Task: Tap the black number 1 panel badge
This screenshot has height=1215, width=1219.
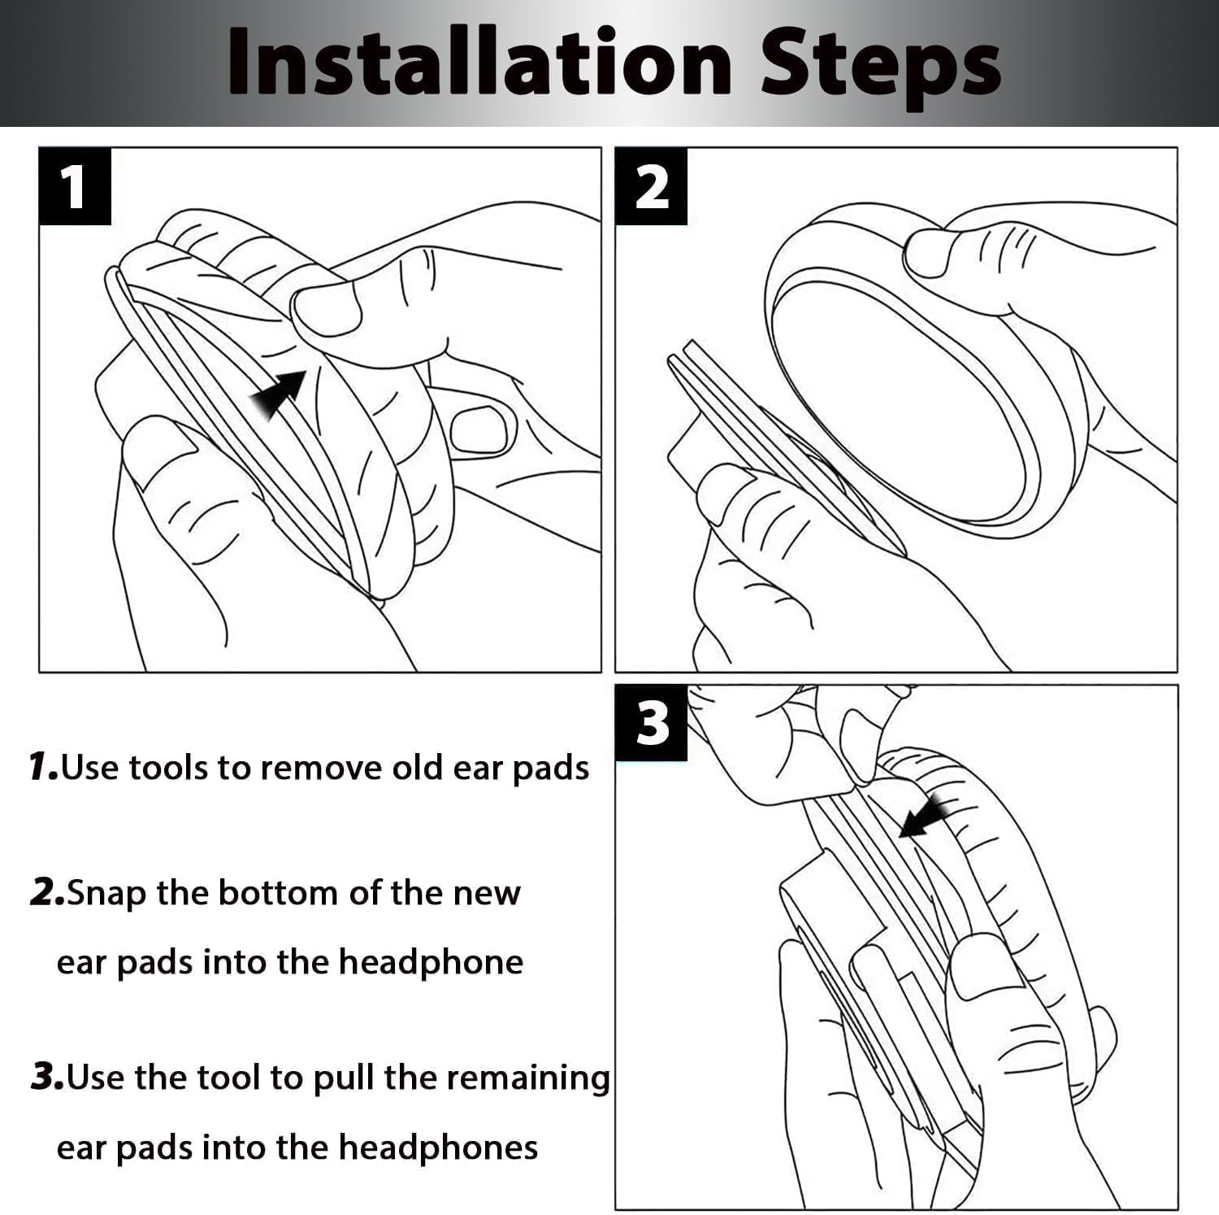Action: coord(75,185)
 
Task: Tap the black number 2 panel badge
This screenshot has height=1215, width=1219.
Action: coord(651,186)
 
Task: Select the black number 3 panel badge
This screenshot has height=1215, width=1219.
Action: coord(651,722)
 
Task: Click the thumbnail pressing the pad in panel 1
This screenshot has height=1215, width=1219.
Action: coord(326,310)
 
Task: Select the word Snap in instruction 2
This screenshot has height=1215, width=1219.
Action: coord(107,894)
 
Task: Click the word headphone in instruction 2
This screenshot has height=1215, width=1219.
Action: coord(431,963)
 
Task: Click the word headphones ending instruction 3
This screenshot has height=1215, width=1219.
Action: coord(438,1148)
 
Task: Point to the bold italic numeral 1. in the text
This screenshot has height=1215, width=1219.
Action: coord(43,766)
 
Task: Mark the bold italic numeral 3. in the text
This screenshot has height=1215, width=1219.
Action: coord(48,1077)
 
